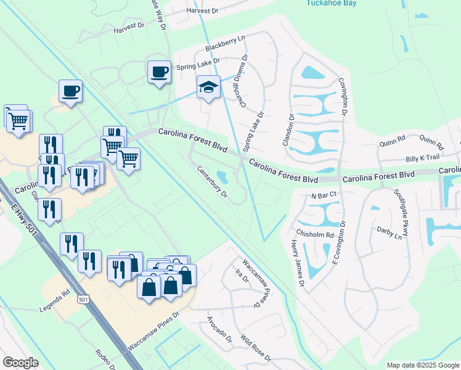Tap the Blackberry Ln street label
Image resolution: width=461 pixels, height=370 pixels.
pos(225,43)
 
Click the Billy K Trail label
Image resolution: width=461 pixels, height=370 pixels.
pos(422,158)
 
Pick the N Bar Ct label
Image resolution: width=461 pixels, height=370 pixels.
pos(324,195)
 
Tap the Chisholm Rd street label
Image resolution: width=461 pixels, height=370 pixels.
pos(315,235)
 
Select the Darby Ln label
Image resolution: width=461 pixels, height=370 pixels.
pos(389,232)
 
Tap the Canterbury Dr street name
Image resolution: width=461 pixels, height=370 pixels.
pos(213,182)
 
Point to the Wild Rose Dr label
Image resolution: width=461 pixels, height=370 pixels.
pos(256,348)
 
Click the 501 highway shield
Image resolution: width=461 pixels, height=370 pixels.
pos(81,299)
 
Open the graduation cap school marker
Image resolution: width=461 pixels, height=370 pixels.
pos(208,88)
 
